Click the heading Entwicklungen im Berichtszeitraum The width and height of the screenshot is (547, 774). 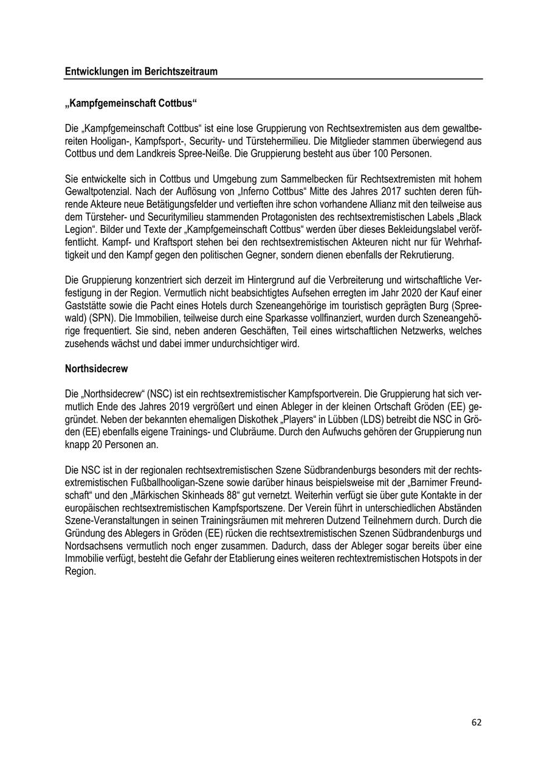[x=141, y=72]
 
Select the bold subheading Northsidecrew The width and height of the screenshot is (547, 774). [x=96, y=369]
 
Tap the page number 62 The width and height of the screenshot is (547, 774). [x=476, y=722]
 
